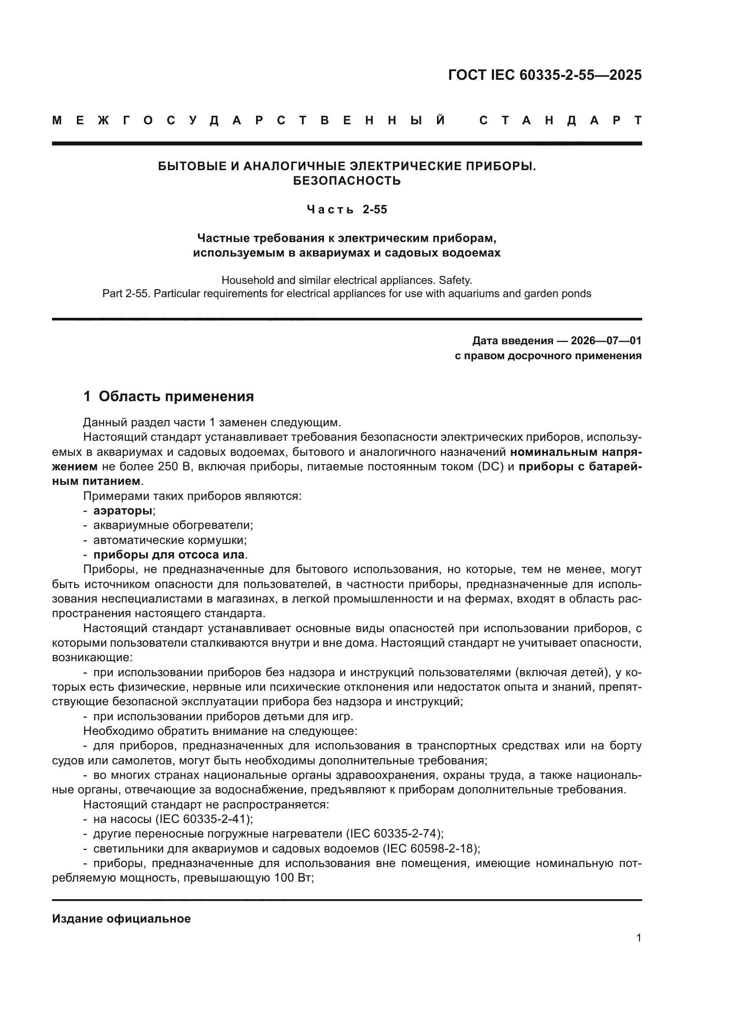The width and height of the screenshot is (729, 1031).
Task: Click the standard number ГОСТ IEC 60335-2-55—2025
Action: (544, 75)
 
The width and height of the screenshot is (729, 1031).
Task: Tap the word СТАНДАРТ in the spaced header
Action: (560, 120)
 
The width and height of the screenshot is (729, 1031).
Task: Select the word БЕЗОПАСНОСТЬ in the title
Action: (346, 181)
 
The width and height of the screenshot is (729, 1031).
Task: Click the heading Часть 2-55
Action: (346, 210)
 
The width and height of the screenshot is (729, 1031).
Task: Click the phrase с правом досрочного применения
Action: (548, 356)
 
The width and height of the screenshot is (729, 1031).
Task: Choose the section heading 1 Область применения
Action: (169, 397)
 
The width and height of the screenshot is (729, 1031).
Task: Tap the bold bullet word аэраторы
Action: (123, 510)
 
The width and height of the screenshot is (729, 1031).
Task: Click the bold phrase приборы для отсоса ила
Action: (169, 555)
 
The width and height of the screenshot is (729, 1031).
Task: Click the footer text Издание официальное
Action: (121, 919)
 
